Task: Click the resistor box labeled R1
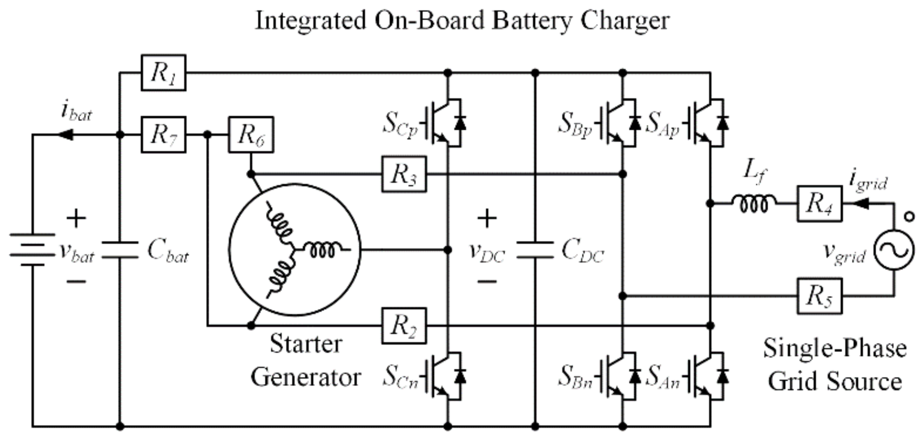(164, 72)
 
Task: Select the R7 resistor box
(164, 134)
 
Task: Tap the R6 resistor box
(251, 134)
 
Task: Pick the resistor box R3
(404, 174)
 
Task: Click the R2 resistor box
(404, 326)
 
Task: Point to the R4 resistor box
(819, 204)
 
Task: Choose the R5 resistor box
(819, 296)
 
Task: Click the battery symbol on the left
(32, 250)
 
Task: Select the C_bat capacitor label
(168, 251)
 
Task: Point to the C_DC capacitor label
(583, 251)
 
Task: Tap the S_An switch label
(663, 377)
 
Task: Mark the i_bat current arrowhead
(65, 135)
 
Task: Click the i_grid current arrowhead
(861, 203)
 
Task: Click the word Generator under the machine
(306, 377)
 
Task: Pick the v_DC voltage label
(487, 252)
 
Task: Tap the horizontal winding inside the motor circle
(323, 249)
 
